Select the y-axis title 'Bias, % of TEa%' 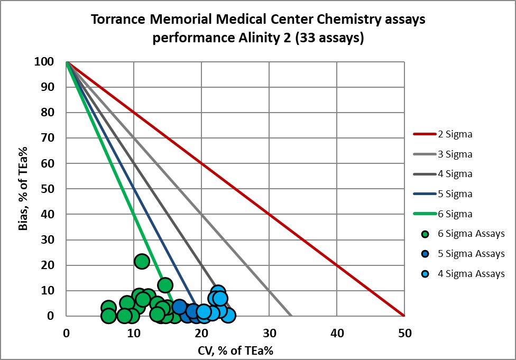pos(23,189)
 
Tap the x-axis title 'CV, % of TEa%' pos(235,349)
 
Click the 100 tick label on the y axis pos(45,62)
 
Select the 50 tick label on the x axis pos(404,333)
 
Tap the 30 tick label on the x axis pos(269,333)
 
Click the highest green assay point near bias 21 pos(142,261)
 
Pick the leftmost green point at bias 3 pos(108,308)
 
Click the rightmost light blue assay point pos(228,316)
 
